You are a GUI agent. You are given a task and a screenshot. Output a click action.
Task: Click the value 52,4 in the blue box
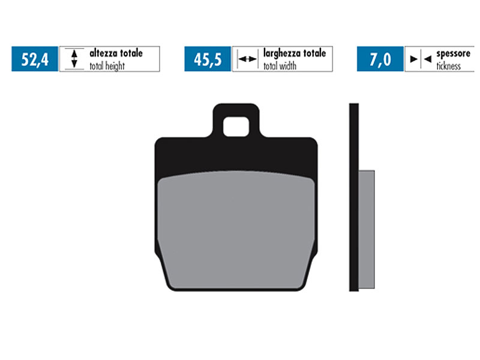pos(34,59)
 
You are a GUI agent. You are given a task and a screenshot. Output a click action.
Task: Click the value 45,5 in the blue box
pos(208,59)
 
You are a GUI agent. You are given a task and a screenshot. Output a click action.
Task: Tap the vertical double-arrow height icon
pos(74,59)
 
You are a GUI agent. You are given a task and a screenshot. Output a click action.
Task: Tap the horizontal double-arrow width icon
pos(246,59)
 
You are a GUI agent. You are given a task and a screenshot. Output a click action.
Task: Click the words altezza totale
pos(116,53)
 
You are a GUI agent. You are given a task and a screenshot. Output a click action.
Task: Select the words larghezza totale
pos(294,53)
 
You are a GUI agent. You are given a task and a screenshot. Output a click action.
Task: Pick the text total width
pos(281,66)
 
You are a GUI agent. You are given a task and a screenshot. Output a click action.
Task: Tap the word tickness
pos(448,66)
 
